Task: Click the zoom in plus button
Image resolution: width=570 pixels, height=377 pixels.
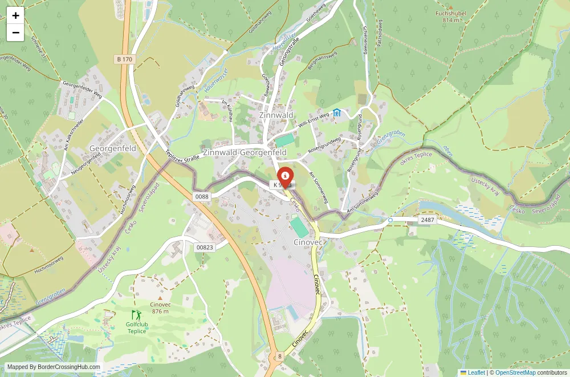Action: point(15,15)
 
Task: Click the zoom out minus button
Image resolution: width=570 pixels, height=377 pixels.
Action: point(15,33)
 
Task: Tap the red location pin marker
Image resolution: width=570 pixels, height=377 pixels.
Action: point(285,175)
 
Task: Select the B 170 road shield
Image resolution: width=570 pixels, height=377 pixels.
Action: point(124,59)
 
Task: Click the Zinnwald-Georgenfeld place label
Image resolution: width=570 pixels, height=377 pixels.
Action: point(245,153)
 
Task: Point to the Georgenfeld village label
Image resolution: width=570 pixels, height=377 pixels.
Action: point(113,148)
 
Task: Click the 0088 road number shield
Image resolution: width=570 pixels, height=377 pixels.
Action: point(202,196)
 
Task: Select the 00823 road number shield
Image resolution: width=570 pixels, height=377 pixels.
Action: point(204,247)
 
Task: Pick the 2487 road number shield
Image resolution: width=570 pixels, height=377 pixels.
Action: point(427,220)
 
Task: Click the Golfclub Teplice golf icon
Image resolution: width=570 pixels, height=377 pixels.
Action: point(136,314)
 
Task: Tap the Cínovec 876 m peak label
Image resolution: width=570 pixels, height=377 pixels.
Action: point(160,307)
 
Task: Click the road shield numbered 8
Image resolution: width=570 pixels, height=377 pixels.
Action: point(280,356)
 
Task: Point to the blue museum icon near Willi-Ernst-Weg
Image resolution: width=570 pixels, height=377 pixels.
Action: point(337,113)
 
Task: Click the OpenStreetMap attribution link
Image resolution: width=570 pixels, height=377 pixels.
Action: point(515,372)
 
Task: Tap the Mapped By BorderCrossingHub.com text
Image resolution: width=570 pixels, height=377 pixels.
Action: point(54,367)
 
